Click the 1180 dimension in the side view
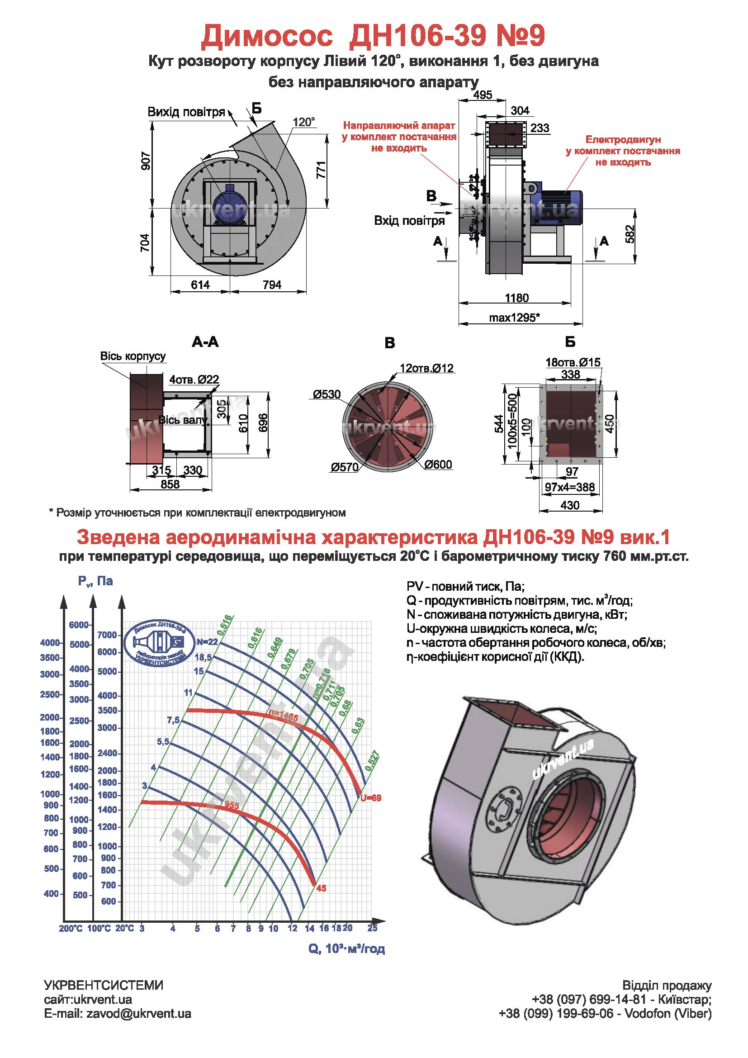[516, 298]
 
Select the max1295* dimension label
[514, 318]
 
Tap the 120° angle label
[303, 122]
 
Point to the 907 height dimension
[146, 161]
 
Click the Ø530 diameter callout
[327, 394]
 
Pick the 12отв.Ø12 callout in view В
[426, 368]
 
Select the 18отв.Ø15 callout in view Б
[573, 362]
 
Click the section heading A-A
[205, 342]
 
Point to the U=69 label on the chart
[371, 798]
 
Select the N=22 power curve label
[207, 642]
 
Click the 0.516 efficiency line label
[225, 625]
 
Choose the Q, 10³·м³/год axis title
[346, 949]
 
